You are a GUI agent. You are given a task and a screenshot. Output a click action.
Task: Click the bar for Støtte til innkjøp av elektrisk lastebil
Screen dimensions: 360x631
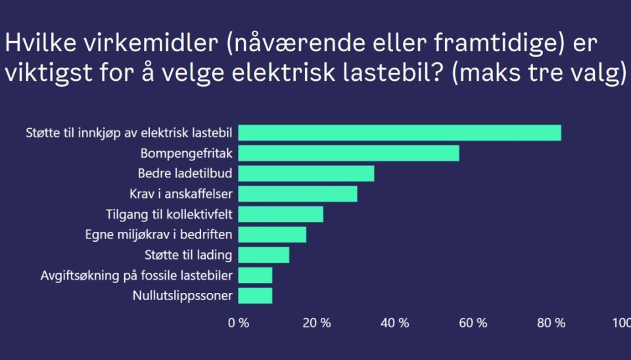(399, 133)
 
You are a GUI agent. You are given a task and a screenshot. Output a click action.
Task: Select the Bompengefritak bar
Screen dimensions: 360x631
(348, 153)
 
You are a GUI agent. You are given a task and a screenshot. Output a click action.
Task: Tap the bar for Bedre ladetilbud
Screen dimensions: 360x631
(306, 173)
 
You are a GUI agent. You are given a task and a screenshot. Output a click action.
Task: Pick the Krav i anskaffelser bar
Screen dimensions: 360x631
(297, 194)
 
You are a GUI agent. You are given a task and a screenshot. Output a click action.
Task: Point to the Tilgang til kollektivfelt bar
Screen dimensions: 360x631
(280, 214)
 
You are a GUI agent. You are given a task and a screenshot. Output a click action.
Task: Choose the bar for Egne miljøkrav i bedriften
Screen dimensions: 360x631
(271, 235)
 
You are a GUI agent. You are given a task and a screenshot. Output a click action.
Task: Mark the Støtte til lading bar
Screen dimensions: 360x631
(263, 255)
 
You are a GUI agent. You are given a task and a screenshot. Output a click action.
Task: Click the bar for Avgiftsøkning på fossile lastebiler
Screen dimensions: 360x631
(254, 275)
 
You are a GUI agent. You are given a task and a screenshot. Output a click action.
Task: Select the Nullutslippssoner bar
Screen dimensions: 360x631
(254, 296)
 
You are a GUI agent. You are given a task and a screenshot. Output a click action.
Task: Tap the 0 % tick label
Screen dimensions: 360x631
(239, 323)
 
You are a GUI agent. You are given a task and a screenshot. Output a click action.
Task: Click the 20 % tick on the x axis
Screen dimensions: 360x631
(317, 323)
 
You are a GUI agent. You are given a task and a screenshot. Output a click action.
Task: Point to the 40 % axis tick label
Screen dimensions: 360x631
(395, 323)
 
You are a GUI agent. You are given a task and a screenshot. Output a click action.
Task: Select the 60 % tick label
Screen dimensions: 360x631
(473, 323)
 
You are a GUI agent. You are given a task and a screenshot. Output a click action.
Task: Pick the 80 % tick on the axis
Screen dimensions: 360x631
(551, 323)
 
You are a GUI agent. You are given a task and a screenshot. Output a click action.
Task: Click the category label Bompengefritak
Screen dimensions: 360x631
(187, 153)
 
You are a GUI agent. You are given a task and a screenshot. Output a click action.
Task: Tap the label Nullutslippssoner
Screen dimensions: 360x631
(183, 296)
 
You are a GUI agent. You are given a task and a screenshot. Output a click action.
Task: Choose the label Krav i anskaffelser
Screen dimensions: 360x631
(181, 194)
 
